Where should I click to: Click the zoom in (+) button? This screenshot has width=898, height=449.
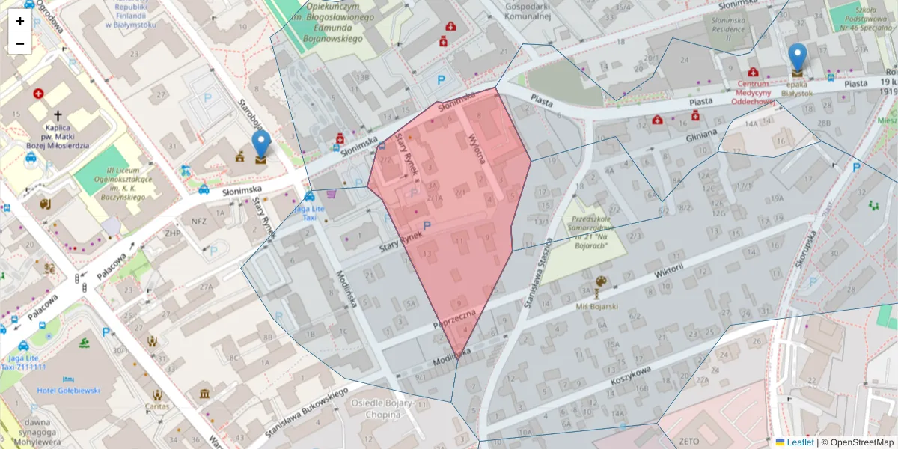(20, 21)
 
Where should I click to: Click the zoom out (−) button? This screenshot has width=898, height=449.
(20, 43)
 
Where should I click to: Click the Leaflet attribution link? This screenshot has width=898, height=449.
(799, 442)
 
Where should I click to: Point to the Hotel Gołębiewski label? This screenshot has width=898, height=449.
(67, 391)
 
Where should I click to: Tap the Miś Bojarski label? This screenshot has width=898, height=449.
(597, 305)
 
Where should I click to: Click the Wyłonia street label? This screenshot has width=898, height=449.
(476, 147)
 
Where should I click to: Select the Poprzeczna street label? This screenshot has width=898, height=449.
(455, 321)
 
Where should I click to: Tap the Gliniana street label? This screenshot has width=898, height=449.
(701, 135)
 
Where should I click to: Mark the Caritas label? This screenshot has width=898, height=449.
(157, 407)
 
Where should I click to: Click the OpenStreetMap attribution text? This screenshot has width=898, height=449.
(862, 442)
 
